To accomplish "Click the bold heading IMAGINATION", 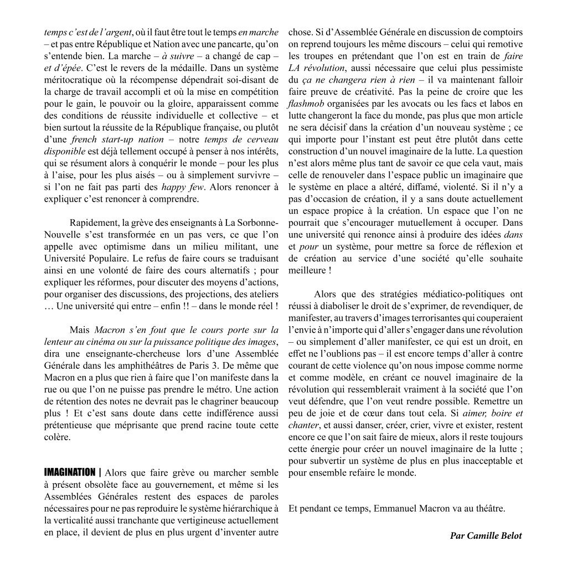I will pyautogui.click(x=69, y=472).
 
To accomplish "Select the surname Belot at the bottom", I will pyautogui.click(x=509, y=535).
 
